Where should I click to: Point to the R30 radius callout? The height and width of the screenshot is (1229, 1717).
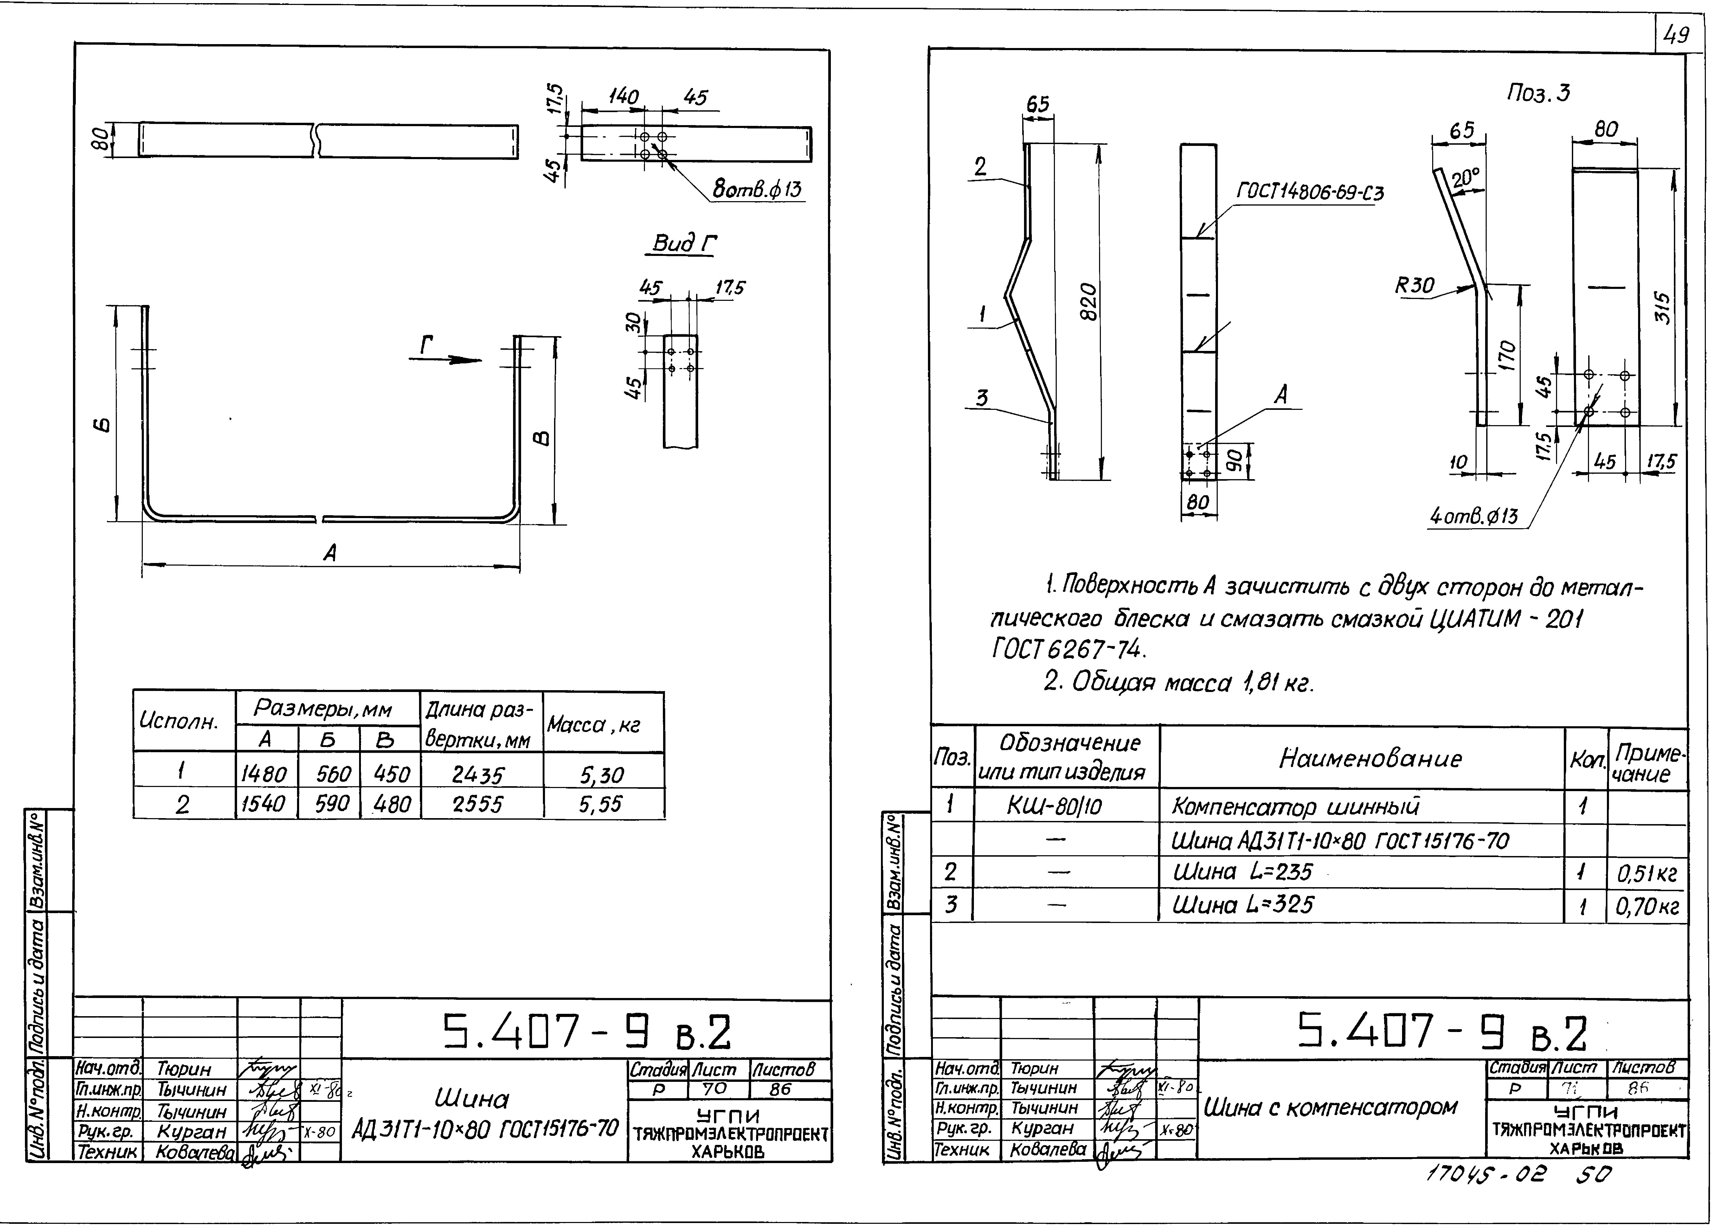[1415, 286]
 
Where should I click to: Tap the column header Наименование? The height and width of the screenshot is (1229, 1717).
[1370, 758]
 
